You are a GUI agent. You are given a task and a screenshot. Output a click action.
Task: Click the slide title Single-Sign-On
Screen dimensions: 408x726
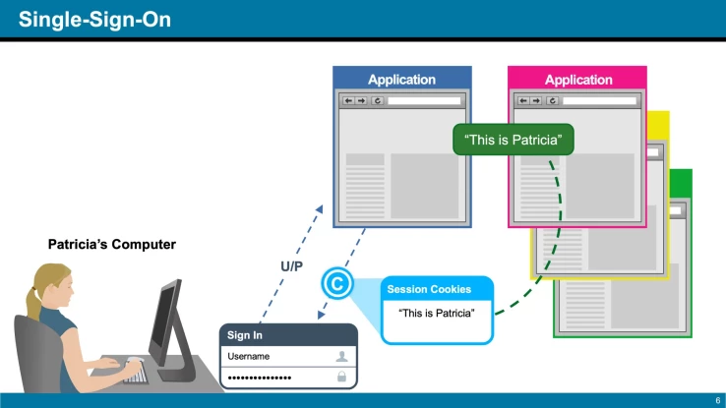click(93, 19)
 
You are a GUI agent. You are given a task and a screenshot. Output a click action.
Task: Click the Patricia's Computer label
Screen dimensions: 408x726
click(112, 244)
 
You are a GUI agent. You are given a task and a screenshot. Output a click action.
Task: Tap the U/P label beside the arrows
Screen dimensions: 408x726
click(291, 266)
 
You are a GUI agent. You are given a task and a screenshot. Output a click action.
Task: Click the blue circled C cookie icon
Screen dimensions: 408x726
click(337, 284)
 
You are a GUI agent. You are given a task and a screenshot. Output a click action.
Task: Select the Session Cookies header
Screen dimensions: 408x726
click(429, 289)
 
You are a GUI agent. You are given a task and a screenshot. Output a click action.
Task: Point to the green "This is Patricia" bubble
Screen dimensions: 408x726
click(513, 140)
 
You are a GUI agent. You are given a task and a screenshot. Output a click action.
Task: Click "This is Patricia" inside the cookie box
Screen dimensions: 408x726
click(437, 313)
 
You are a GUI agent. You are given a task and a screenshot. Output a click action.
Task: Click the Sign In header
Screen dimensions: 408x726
click(246, 335)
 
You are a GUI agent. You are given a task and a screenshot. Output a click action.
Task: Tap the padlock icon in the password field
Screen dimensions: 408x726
click(341, 377)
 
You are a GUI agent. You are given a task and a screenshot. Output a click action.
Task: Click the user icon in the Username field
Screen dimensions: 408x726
click(341, 356)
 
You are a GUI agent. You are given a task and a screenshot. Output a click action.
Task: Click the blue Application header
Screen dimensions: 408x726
click(401, 79)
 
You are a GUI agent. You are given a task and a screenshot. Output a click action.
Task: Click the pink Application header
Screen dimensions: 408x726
click(577, 79)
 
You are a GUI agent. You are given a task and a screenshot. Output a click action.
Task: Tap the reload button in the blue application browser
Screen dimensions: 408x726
click(376, 100)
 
